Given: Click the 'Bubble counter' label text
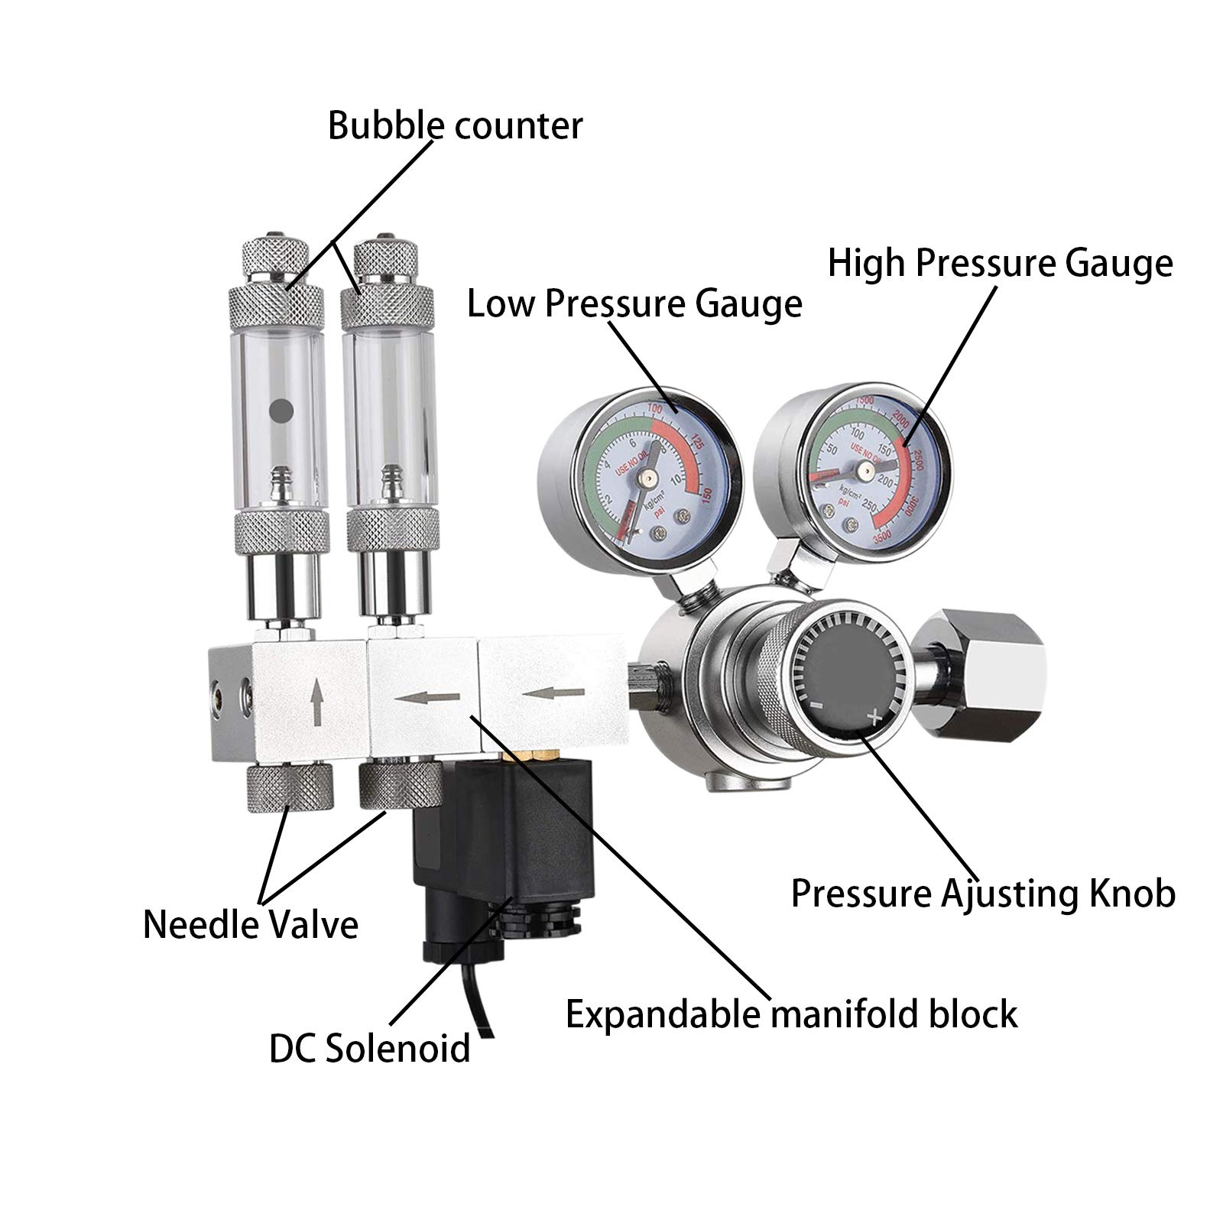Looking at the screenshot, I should click(x=455, y=125).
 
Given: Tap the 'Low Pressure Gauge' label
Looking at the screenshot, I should click(x=634, y=303).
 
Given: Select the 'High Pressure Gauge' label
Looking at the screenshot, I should click(x=1000, y=263).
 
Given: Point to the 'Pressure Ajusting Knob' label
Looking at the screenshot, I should click(x=982, y=893).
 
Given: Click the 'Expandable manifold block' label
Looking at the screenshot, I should click(x=791, y=1014).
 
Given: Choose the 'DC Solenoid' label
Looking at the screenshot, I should click(x=369, y=1048).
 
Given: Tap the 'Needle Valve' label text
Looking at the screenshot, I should click(x=251, y=925).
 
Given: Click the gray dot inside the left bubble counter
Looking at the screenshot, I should click(x=282, y=413).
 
